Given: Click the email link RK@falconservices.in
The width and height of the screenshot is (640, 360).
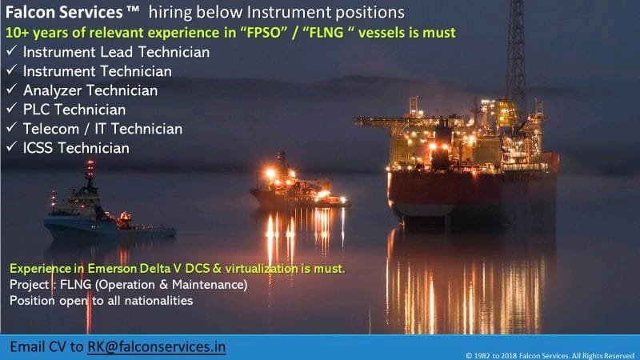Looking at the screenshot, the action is point(156,347).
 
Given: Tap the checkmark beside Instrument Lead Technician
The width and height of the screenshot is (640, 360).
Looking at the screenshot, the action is point(11,50).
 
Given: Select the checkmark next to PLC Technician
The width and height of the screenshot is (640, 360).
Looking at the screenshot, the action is point(11,108).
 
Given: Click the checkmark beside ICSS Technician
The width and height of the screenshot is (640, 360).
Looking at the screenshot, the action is point(11,146).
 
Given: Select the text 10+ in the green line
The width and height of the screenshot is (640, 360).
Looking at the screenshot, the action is point(17,33).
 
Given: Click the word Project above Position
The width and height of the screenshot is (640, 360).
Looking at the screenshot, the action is point(29,285).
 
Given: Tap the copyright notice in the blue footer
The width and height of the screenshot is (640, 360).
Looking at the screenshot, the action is point(550,355).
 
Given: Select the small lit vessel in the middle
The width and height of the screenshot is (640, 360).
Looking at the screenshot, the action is point(299,182).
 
